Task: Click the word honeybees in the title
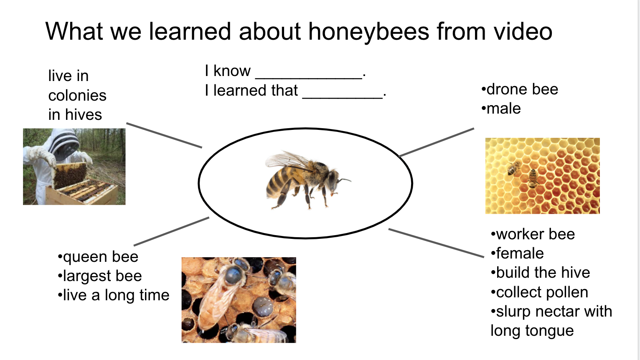point(369,32)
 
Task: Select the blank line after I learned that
point(343,98)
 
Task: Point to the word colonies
point(77,95)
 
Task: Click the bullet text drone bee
point(520,89)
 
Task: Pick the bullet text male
point(501,109)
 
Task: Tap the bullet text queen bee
point(98,256)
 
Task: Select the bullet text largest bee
point(100,276)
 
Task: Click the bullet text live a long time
point(114,295)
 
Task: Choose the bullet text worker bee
point(533,234)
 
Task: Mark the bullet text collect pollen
point(539,292)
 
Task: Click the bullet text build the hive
point(540,273)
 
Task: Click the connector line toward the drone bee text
point(437,142)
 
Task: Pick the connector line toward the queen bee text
point(171,231)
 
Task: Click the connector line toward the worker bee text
point(436,243)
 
